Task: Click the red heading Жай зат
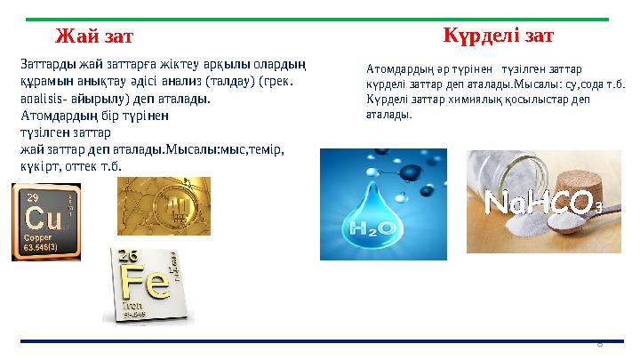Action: (94, 36)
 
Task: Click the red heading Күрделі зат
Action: (498, 36)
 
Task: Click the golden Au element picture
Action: (164, 206)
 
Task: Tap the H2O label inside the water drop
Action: (372, 228)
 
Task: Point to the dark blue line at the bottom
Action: (320, 340)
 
